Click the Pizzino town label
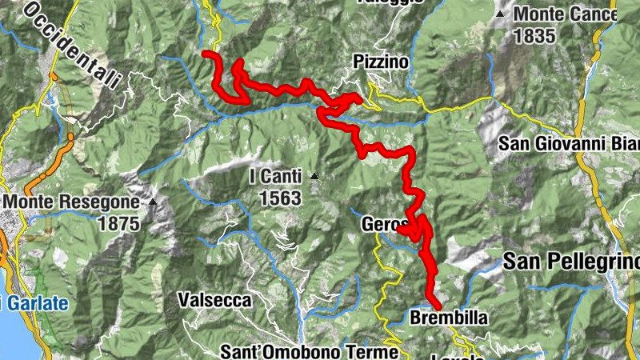(381, 62)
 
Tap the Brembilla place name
(448, 318)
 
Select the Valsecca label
(214, 301)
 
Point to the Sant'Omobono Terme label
(309, 351)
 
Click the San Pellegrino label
(571, 262)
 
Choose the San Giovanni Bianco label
(568, 144)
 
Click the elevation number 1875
(118, 223)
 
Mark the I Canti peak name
(275, 176)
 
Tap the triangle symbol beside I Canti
(315, 176)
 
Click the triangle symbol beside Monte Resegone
(152, 202)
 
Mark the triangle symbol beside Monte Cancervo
(500, 14)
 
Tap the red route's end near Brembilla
(438, 306)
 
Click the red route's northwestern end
(206, 54)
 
